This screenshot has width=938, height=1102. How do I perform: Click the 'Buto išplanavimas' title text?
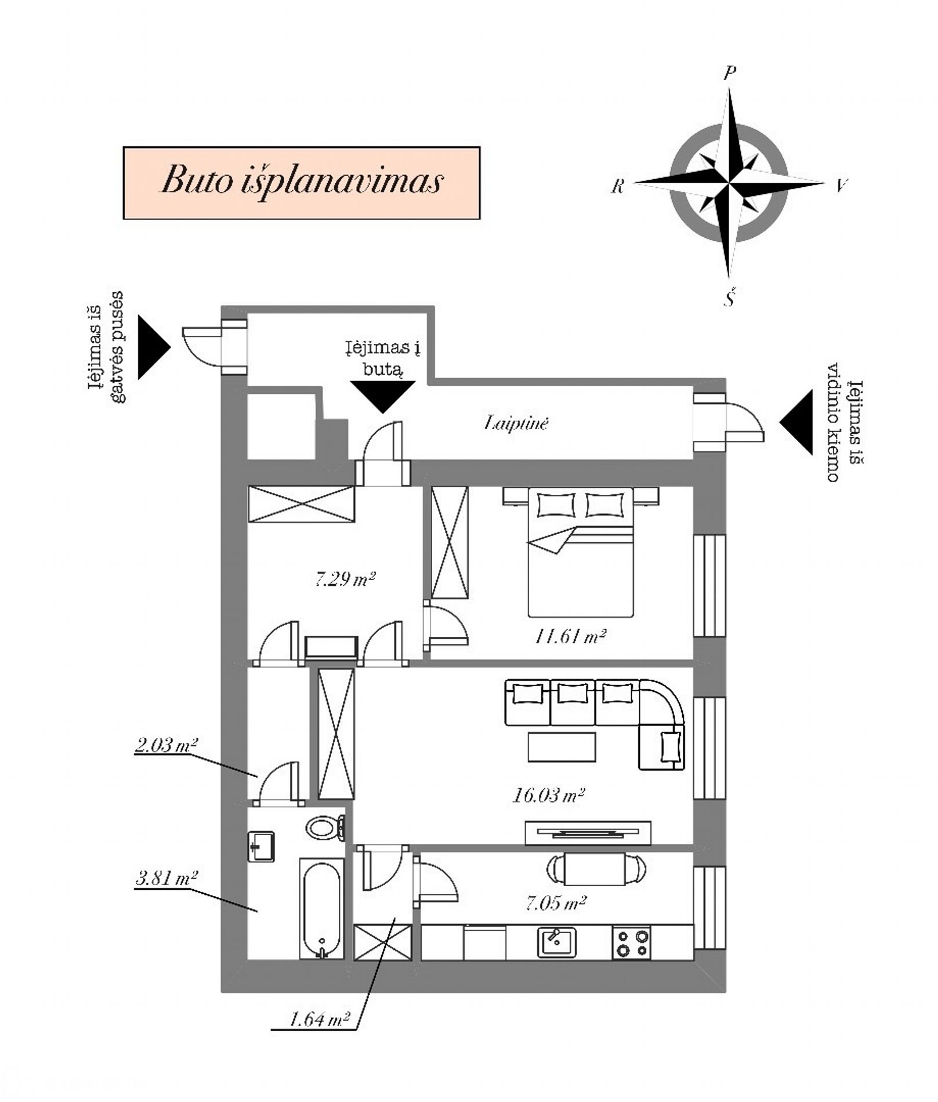pos(302,180)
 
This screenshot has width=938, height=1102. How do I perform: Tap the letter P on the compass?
pos(730,72)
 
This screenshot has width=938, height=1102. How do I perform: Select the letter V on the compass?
pos(841,185)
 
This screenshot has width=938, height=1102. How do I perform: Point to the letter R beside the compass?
pos(618,186)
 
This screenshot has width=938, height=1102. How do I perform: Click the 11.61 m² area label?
pos(570,637)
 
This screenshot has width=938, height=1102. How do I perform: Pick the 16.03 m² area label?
pos(548,795)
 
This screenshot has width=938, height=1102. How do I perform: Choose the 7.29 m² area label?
pos(345,578)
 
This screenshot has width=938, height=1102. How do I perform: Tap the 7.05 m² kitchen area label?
pos(556,903)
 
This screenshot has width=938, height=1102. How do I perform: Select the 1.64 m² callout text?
pos(318,1019)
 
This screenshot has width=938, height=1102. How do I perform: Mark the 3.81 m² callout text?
pos(166,879)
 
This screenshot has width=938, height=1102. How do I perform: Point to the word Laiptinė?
pos(516,423)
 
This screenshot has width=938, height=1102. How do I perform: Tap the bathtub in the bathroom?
pos(322,909)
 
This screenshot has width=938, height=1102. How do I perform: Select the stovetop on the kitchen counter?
pos(632,943)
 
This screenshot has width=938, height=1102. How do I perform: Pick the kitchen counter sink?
pos(556,942)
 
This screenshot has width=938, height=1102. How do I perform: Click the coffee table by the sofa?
pos(562,747)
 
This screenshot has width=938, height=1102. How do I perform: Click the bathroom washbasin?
pos(261,847)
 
